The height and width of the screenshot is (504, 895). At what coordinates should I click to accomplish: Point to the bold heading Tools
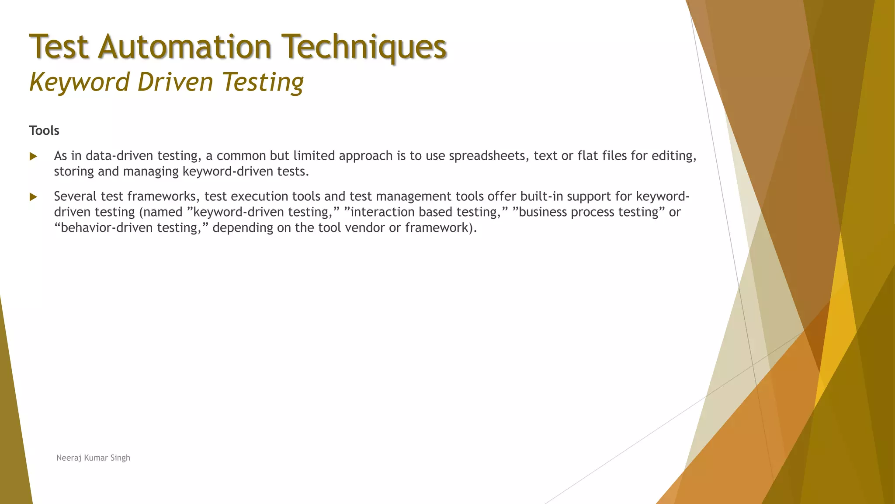tap(44, 130)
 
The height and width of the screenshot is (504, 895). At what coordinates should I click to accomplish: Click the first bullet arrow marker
tap(33, 156)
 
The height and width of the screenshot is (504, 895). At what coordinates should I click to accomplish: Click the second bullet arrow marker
tap(33, 197)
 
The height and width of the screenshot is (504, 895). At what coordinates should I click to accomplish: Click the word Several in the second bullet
tap(75, 196)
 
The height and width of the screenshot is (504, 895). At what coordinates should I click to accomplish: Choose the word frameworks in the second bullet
tap(162, 196)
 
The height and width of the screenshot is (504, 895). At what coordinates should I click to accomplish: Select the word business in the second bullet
tap(543, 212)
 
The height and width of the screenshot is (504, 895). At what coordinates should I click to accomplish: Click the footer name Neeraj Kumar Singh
tap(93, 458)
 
